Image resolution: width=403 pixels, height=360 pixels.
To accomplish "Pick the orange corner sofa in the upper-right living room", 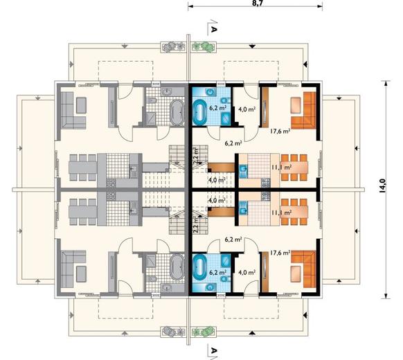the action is click(x=304, y=109).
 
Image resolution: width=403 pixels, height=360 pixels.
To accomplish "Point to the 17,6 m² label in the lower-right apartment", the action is click(x=280, y=253).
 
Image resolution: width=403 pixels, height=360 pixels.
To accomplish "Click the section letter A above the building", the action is click(x=214, y=29).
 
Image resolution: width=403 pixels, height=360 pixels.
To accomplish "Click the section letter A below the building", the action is click(x=214, y=350).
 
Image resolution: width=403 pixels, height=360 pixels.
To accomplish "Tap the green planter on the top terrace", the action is click(x=204, y=47).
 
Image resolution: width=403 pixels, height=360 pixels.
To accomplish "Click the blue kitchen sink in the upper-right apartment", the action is click(x=243, y=169).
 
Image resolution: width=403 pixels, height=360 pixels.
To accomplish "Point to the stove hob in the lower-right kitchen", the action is click(x=266, y=197).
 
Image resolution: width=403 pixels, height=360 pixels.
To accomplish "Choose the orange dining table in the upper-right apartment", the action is click(x=294, y=168).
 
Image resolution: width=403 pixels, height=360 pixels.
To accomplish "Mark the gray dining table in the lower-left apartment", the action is click(x=83, y=212).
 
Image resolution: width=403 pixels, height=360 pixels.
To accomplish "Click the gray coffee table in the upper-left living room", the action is click(x=81, y=105).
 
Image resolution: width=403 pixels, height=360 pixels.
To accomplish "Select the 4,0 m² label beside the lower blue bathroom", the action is click(x=247, y=272).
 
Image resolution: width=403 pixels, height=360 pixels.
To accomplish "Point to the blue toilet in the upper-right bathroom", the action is click(x=224, y=100).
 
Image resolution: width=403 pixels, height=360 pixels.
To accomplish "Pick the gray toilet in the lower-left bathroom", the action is click(x=152, y=279).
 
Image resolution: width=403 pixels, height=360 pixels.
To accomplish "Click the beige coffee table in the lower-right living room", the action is click(x=296, y=274).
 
